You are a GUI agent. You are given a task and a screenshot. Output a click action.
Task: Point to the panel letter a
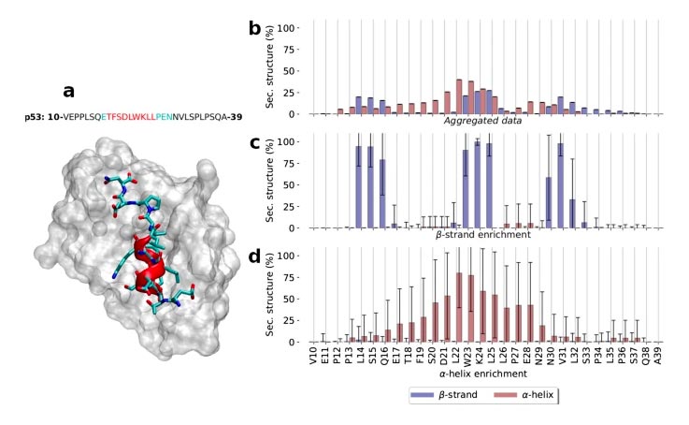pos(68,92)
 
